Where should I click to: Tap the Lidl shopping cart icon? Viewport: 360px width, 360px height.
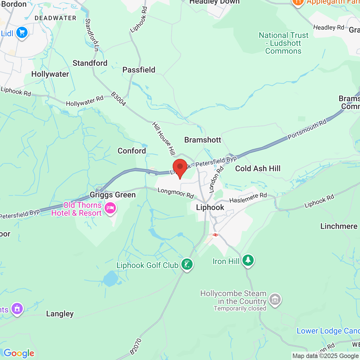22,33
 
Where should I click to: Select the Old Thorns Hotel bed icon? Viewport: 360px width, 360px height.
110,208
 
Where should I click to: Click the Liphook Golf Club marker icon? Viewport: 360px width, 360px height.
187,264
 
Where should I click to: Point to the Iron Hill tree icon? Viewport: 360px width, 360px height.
248,260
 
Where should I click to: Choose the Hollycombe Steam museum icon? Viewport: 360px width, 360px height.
275,300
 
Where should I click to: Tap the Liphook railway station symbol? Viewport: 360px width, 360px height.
215,235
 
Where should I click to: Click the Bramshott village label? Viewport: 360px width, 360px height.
202,140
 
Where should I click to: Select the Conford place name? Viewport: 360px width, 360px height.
132,151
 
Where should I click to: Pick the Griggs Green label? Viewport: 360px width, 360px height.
112,195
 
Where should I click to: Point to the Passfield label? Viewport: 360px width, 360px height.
139,70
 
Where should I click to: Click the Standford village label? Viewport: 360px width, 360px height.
90,63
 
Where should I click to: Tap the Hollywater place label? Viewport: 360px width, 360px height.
50,74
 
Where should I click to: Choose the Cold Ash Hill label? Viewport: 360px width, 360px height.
258,168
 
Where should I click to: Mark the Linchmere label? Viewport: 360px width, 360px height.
339,226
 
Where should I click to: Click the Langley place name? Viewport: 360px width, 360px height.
60,314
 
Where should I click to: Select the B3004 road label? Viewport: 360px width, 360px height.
118,99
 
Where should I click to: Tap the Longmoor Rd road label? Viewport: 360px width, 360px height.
176,193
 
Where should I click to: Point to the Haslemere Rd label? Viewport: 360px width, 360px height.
248,198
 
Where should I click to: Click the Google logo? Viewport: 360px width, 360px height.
19,353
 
